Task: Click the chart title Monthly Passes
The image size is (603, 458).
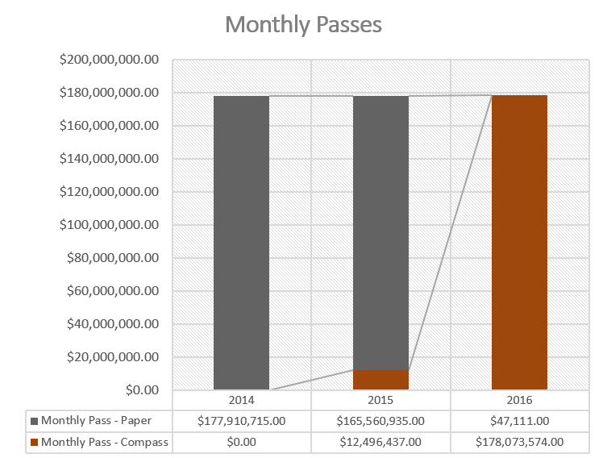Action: [303, 24]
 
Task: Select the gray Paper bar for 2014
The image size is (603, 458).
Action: [241, 242]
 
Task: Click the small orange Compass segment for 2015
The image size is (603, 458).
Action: [381, 380]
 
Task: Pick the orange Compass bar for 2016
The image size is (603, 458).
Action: [519, 242]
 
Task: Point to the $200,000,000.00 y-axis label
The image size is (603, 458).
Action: [109, 60]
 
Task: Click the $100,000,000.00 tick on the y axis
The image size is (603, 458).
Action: [109, 225]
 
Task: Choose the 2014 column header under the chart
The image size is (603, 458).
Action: [241, 400]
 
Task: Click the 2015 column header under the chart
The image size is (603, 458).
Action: [381, 400]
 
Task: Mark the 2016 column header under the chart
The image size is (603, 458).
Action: [519, 400]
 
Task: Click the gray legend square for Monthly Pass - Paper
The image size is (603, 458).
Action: [34, 420]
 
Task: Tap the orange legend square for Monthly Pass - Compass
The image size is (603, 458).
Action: [34, 442]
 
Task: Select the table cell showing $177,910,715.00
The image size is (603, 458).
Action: [241, 420]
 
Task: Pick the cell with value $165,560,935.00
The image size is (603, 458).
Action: [381, 420]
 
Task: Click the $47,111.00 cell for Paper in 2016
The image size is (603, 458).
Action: [519, 420]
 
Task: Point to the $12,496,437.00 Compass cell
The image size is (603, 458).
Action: [381, 442]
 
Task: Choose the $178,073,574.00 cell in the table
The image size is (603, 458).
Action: [519, 442]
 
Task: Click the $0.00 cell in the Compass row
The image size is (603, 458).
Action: [241, 442]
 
